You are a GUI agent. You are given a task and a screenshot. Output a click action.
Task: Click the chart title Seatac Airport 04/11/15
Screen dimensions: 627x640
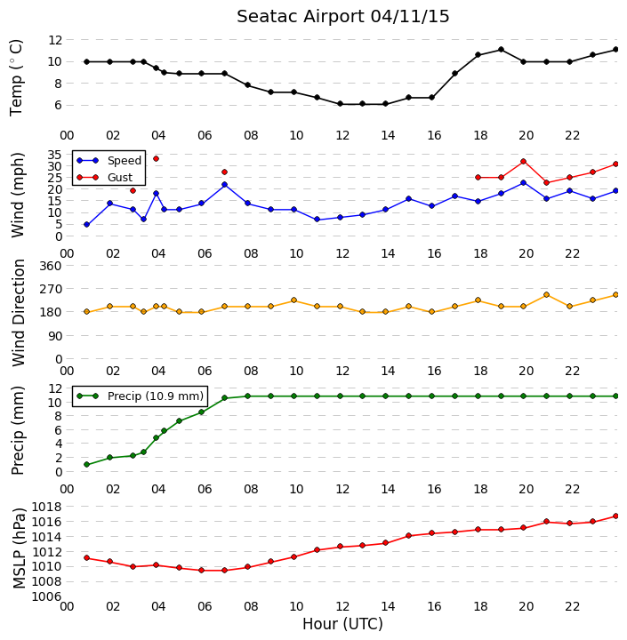point(342,17)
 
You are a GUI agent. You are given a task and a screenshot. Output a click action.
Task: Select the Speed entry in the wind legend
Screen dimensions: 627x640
point(109,160)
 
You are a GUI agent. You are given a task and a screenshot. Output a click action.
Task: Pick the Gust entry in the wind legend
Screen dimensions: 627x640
point(105,177)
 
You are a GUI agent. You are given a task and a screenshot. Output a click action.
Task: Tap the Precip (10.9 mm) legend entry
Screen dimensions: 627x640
point(141,396)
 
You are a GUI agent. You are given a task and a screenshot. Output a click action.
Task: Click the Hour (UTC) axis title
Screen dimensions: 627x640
point(342,624)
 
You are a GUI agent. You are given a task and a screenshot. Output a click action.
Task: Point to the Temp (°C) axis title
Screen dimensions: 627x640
point(16,77)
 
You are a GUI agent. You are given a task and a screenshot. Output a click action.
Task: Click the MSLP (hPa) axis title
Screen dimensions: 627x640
point(19,548)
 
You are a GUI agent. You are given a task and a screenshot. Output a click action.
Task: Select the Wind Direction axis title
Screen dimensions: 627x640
point(19,313)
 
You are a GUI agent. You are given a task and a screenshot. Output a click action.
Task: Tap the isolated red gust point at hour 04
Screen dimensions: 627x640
point(156,159)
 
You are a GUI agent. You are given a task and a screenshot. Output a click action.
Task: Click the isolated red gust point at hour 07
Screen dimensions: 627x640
point(224,172)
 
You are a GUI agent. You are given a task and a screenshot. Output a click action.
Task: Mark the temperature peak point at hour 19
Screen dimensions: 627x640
point(502,50)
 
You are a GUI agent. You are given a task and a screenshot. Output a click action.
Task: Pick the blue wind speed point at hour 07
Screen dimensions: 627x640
point(224,185)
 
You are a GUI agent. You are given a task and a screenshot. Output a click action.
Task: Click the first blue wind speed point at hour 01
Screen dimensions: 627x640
point(86,225)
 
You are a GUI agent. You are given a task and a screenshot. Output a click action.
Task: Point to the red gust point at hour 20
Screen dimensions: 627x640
point(524,162)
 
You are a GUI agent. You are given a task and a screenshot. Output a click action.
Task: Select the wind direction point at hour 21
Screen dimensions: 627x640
point(547,295)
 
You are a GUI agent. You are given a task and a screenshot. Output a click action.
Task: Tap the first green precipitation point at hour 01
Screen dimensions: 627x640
point(86,465)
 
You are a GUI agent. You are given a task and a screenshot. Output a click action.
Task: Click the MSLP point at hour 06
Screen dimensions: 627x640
point(201,570)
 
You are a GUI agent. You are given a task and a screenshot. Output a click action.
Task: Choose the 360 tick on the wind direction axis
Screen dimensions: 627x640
point(50,266)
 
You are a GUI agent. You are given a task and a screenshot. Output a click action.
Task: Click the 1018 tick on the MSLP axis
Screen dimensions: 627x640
point(46,508)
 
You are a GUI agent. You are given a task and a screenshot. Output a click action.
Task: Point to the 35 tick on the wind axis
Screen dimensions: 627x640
point(54,155)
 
